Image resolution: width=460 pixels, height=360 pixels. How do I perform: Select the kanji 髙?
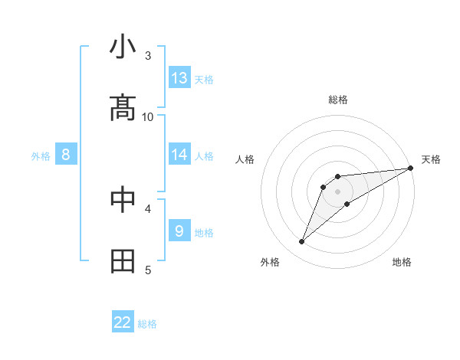[x=123, y=108]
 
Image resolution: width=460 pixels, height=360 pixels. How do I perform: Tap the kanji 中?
[x=123, y=199]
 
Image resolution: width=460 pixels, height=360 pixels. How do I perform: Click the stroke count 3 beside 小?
[x=148, y=56]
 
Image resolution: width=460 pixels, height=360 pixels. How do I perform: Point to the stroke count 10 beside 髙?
[x=148, y=116]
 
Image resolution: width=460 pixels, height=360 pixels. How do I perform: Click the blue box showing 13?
[x=179, y=77]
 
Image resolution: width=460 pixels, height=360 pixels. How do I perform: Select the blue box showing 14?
[x=179, y=154]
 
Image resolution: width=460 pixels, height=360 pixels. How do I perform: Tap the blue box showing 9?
[x=179, y=231]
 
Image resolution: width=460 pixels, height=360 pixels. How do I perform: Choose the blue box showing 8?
[x=66, y=155]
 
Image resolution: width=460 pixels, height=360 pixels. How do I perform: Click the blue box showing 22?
[x=123, y=322]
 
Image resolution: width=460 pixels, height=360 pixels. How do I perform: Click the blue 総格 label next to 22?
[x=147, y=324]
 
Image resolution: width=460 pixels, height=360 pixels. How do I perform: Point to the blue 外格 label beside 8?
[x=41, y=156]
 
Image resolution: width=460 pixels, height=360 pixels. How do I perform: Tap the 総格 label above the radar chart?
[x=338, y=100]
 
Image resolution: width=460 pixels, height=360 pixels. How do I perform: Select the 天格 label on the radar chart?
[x=431, y=159]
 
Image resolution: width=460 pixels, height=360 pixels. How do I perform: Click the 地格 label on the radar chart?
[x=402, y=262]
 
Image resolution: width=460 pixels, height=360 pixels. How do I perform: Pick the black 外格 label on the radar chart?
[x=270, y=262]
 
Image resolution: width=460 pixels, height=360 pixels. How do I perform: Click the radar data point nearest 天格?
[x=411, y=169]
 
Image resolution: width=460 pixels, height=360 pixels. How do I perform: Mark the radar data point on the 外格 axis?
[x=302, y=242]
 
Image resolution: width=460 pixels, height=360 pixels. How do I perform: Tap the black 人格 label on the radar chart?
[x=245, y=159]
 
